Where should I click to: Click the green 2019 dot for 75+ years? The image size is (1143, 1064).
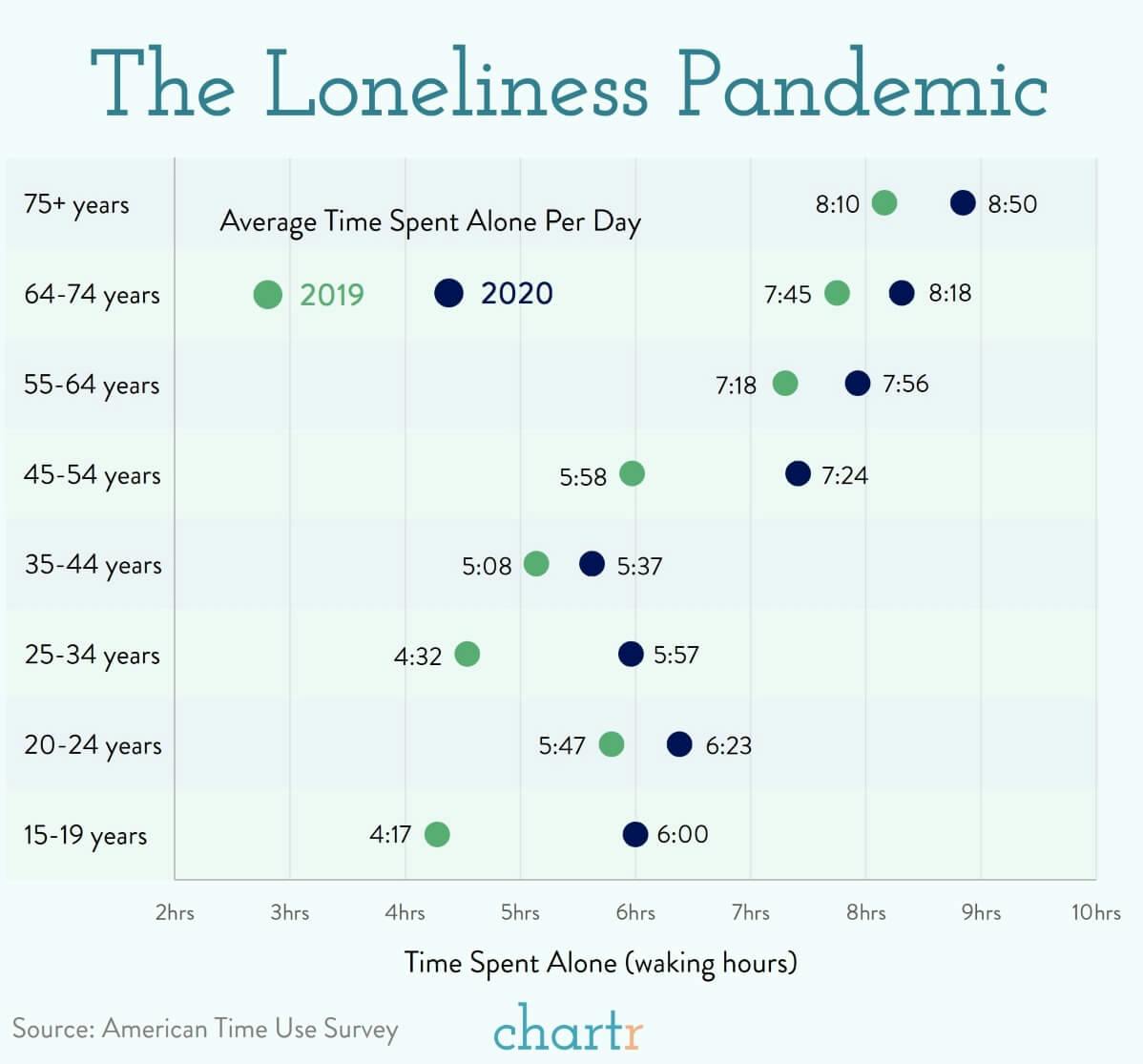884,203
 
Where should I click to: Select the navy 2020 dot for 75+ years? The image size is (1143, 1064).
963,202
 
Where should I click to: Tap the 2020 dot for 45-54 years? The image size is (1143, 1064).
798,473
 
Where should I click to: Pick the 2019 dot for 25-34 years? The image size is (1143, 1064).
467,654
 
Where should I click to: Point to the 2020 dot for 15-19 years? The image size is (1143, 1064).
634,834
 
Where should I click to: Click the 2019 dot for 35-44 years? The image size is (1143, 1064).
536,564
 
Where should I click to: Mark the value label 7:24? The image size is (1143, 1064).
844,475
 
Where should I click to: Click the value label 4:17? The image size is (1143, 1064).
390,835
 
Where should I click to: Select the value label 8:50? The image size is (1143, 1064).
1012,204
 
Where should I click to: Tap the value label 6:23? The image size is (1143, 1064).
728,745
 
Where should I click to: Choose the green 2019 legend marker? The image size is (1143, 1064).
268,295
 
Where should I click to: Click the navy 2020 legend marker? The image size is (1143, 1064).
448,293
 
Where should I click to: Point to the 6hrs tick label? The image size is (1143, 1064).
635,913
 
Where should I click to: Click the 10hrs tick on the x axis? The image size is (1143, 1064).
1095,913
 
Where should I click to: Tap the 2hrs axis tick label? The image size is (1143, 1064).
175,913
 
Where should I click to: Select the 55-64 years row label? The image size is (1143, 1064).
92,385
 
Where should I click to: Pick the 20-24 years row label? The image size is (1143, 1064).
93,745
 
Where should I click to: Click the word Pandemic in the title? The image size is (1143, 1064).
863,84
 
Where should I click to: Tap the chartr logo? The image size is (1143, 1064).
569,1028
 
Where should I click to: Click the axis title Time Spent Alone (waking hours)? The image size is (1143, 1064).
600,962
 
